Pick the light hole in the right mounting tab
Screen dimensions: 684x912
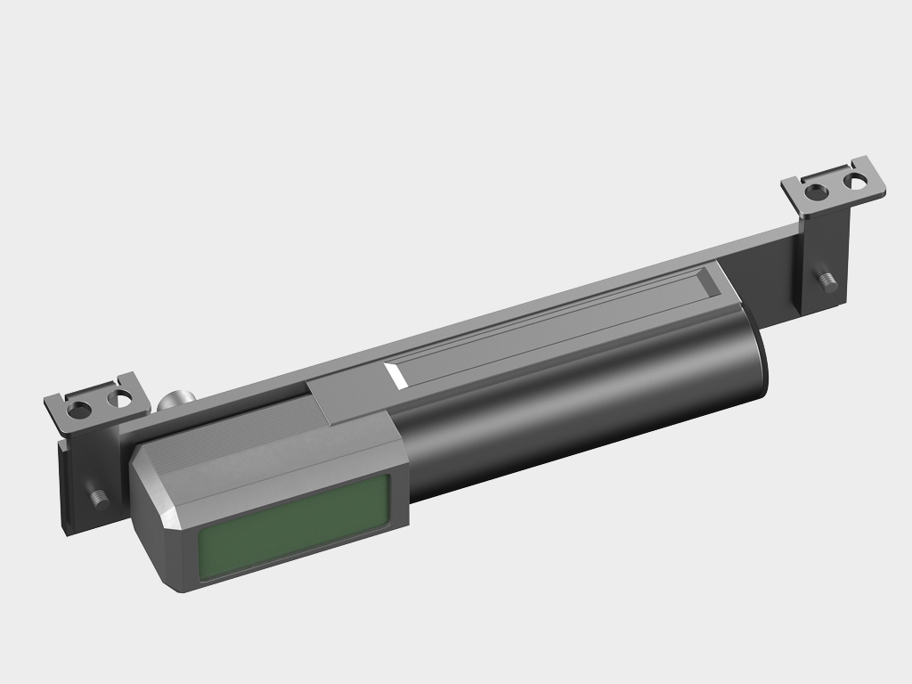point(857,181)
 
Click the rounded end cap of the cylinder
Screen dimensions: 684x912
point(759,361)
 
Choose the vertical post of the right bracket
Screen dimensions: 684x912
point(824,258)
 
